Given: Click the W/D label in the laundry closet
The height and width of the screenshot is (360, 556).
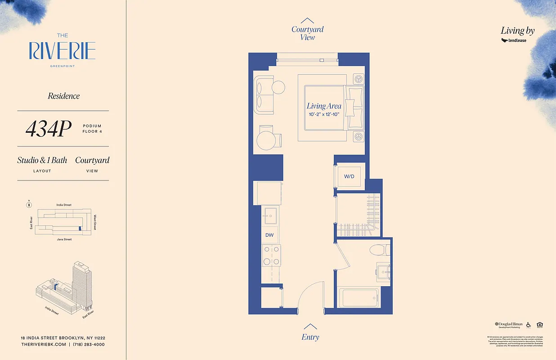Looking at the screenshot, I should pyautogui.click(x=350, y=176).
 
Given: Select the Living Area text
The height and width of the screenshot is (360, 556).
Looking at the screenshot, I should pyautogui.click(x=324, y=106).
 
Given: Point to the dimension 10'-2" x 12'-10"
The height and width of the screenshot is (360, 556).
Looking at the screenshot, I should pyautogui.click(x=324, y=115).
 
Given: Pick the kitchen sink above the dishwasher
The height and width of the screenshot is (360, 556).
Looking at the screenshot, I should pyautogui.click(x=270, y=216).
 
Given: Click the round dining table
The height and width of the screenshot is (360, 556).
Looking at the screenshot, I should pyautogui.click(x=266, y=140).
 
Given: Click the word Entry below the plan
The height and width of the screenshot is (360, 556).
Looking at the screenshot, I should pyautogui.click(x=310, y=337).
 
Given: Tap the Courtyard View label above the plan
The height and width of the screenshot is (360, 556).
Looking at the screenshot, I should pyautogui.click(x=307, y=33).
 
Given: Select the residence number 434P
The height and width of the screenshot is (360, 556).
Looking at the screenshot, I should pyautogui.click(x=49, y=129).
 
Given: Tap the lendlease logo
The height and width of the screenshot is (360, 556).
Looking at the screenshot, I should pyautogui.click(x=514, y=40).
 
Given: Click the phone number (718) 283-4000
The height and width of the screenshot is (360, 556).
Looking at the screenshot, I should pyautogui.click(x=89, y=344).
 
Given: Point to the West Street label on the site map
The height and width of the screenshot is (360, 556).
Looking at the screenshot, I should pyautogui.click(x=95, y=222).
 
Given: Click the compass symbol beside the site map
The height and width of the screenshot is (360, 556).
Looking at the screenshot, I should pyautogui.click(x=29, y=205).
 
